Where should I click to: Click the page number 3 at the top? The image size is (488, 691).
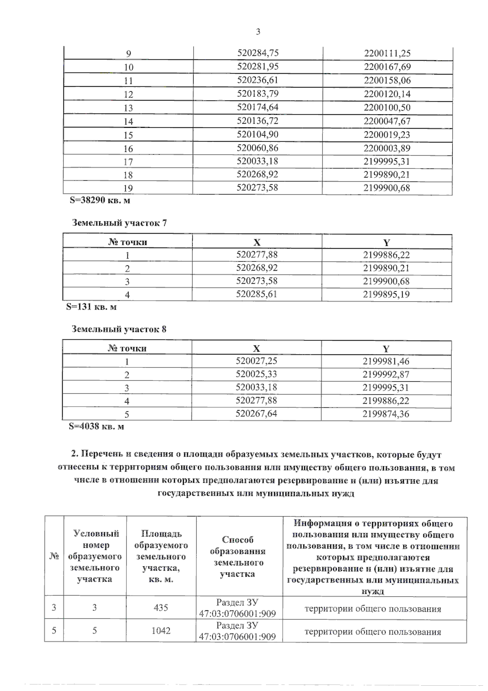tap(258, 32)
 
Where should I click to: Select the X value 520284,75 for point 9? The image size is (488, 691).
tap(258, 53)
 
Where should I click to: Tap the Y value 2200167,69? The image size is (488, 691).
tap(387, 67)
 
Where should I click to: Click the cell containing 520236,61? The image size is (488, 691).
tap(258, 80)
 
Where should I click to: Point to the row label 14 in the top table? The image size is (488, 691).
tap(128, 121)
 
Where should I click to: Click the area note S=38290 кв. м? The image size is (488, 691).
tap(100, 200)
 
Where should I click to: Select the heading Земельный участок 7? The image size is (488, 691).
tap(119, 223)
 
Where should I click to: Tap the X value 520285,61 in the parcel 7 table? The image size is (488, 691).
tap(257, 294)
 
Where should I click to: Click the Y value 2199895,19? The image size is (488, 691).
tap(386, 294)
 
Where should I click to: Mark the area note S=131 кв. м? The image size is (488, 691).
tap(91, 307)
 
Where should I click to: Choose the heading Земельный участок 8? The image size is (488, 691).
tap(119, 329)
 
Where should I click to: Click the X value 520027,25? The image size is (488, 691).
tap(256, 361)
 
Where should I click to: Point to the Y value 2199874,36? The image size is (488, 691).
tap(386, 414)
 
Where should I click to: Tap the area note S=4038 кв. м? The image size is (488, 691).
tap(96, 426)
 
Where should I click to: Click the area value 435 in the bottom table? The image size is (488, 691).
tap(161, 608)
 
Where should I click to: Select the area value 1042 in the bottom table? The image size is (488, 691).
tap(161, 630)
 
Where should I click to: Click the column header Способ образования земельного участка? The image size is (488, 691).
tap(237, 557)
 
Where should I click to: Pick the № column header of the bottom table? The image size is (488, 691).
tap(54, 556)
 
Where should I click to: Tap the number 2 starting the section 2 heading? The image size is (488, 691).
tap(74, 454)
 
